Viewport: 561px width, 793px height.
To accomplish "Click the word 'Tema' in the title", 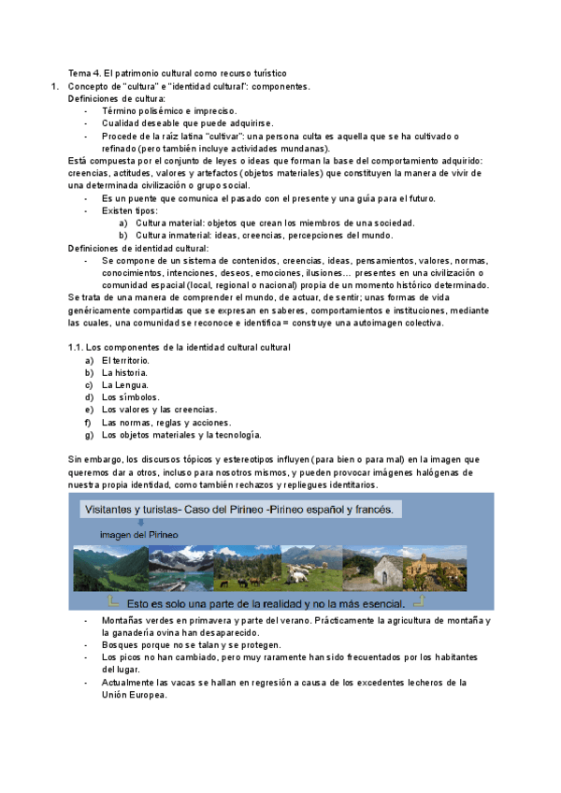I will coord(79,72).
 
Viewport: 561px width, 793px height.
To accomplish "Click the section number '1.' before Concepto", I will coord(54,85).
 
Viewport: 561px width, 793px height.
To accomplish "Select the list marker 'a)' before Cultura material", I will coord(123,223).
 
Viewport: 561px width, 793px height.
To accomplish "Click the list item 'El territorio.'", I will coord(125,360).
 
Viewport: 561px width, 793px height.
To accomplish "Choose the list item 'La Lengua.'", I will coord(124,384).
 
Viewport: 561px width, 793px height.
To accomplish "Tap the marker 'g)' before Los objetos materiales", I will coord(89,434).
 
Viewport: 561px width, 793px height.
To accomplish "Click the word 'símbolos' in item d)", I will coord(138,396).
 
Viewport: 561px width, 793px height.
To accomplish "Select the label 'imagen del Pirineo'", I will coord(138,534).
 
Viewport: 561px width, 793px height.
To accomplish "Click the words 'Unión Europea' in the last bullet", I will coord(135,695).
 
